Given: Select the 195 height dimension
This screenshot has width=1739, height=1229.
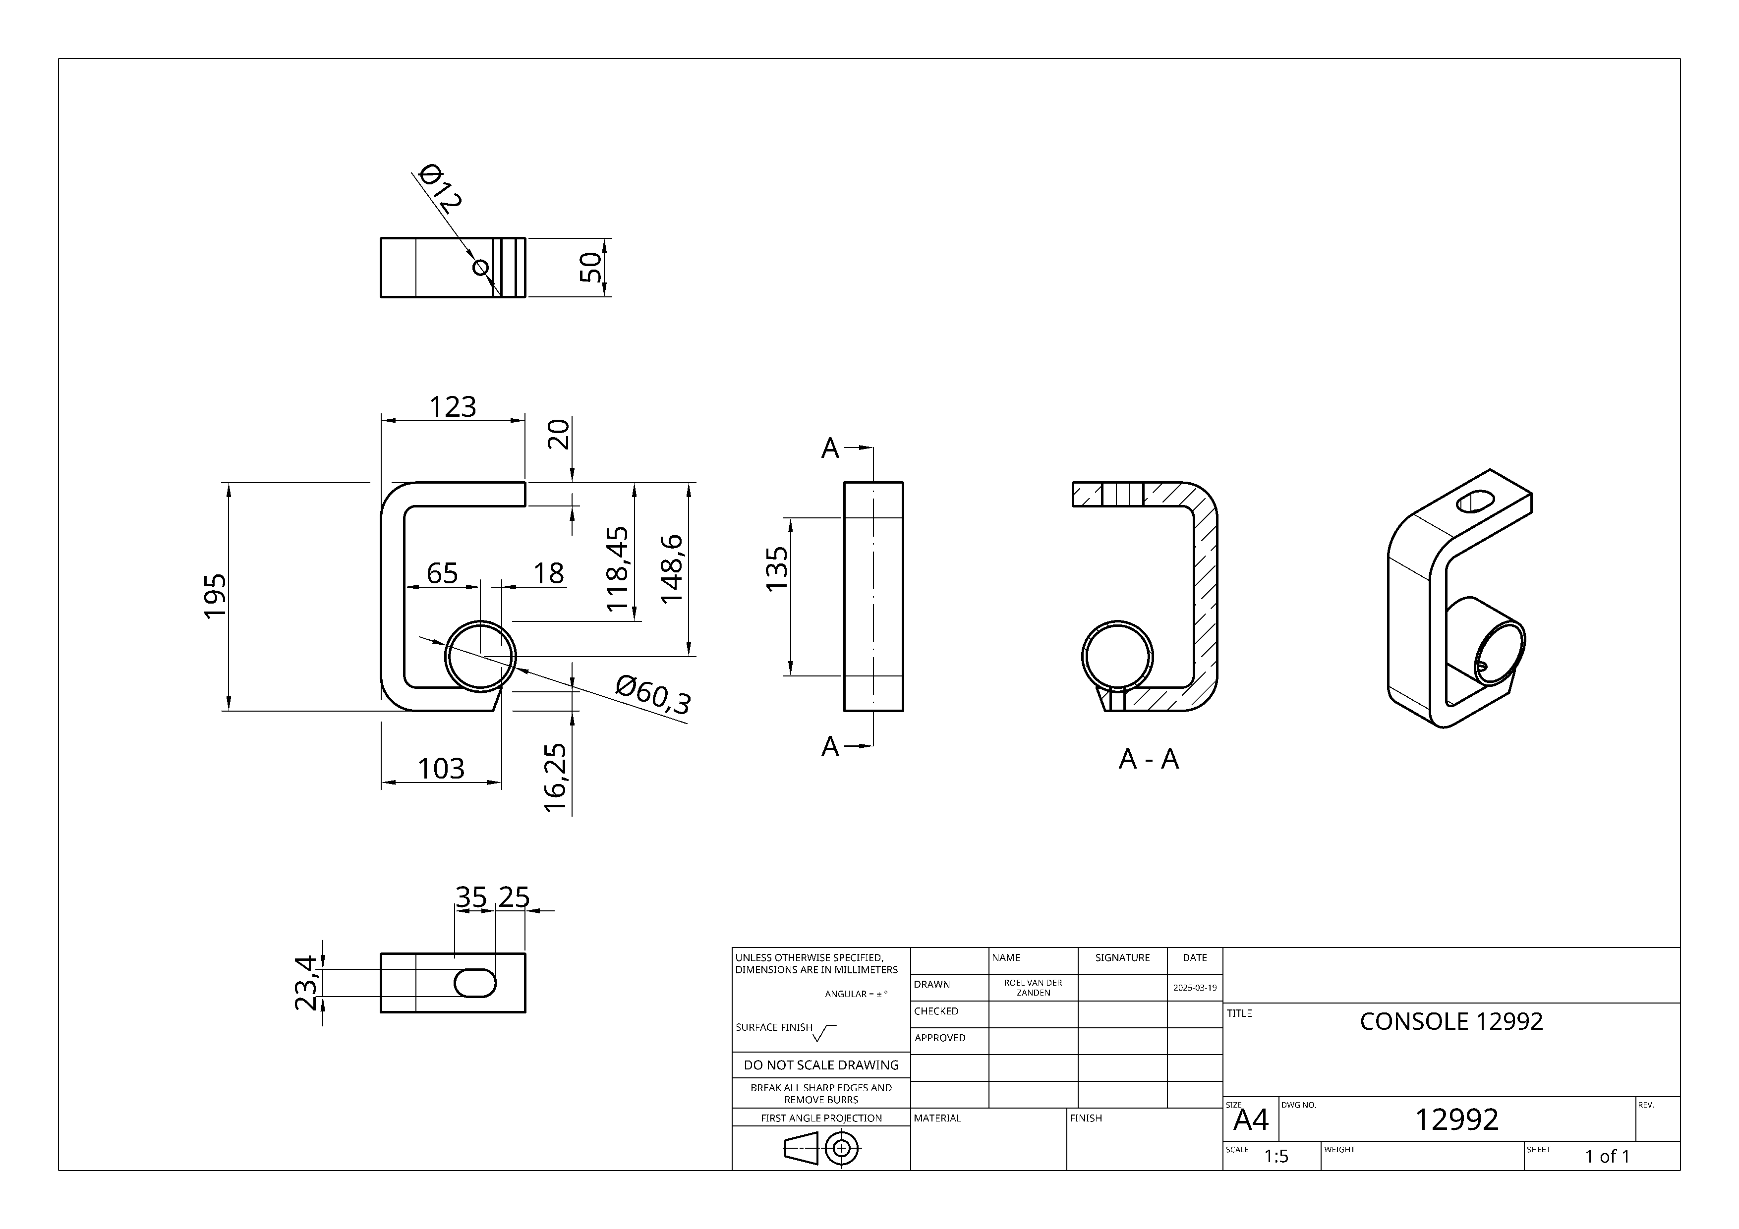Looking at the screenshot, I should [x=216, y=596].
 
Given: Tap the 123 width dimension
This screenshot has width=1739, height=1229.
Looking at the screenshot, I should [x=453, y=407].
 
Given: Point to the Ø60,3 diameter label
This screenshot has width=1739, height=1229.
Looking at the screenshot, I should [x=653, y=695].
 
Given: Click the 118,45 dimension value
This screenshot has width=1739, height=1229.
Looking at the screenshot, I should [x=618, y=569].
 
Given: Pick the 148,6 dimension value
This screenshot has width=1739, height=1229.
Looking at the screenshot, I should [x=672, y=569].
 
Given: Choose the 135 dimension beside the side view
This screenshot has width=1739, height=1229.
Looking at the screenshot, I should [x=777, y=569].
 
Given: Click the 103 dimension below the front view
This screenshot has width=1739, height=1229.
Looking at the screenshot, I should [x=441, y=769].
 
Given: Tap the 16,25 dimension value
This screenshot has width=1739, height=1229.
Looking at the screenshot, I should [x=556, y=778].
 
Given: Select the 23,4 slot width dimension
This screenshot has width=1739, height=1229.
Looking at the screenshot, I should [x=306, y=983].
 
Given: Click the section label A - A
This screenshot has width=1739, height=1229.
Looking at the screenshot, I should [x=1148, y=759].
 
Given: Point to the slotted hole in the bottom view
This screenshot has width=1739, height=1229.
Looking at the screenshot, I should [x=475, y=983].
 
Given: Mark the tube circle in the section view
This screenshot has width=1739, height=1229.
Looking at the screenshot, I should [x=1117, y=657].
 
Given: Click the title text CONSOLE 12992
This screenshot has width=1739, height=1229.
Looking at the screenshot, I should [x=1451, y=1021].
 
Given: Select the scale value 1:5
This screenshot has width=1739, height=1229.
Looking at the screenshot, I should [x=1276, y=1156].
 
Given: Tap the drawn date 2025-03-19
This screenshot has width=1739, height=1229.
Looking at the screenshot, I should [x=1194, y=988].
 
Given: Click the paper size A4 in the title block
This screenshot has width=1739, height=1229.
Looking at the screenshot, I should [x=1251, y=1119].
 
